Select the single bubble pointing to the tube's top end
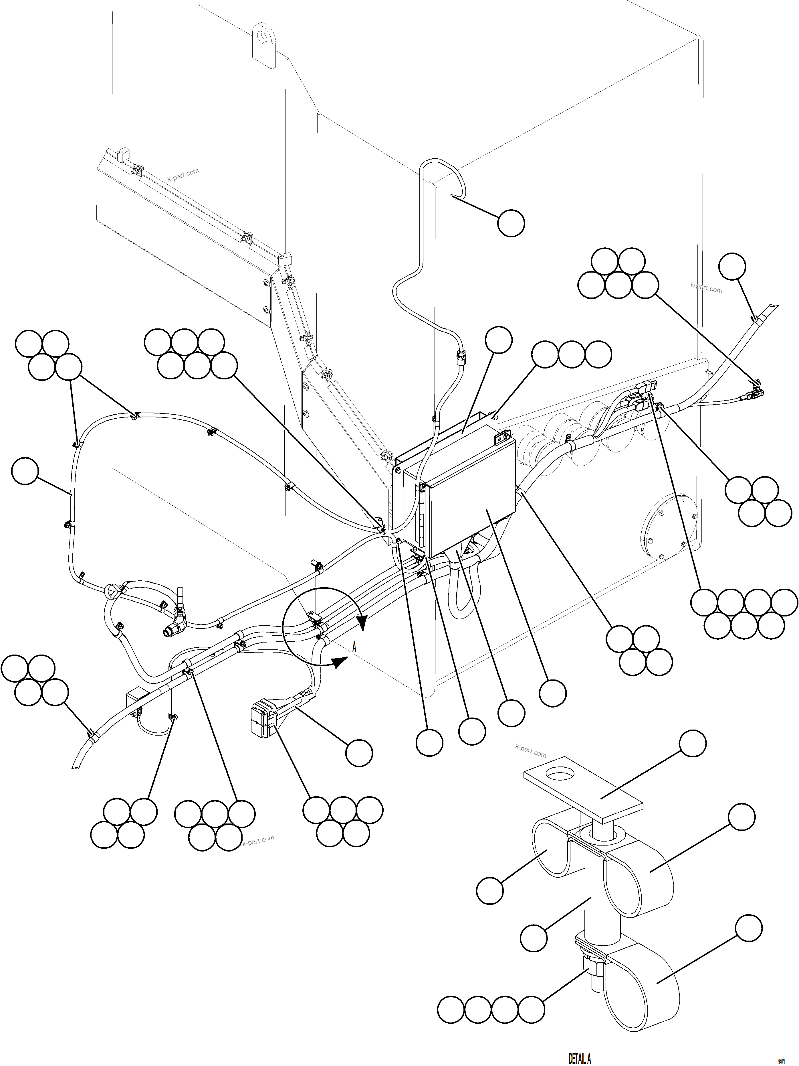[x=511, y=223]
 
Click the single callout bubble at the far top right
[x=732, y=267]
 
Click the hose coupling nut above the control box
[x=461, y=358]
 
